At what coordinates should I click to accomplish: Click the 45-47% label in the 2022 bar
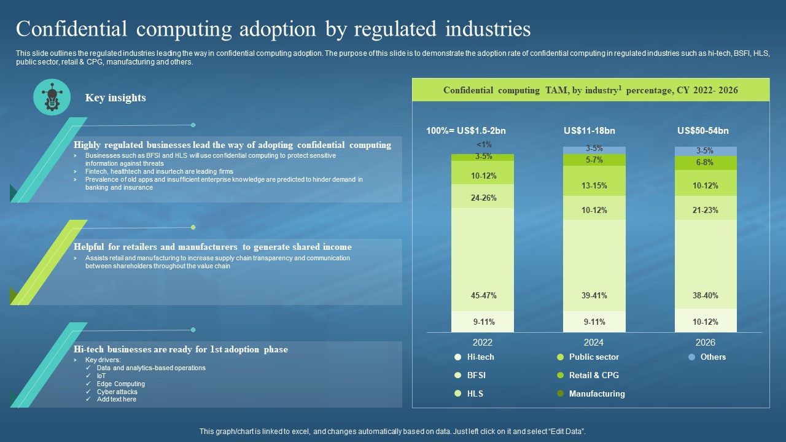pyautogui.click(x=483, y=296)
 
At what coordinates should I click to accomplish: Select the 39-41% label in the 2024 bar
pyautogui.click(x=594, y=296)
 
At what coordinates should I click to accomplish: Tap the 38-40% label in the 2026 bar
pyautogui.click(x=705, y=296)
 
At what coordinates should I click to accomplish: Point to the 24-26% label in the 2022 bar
pyautogui.click(x=483, y=198)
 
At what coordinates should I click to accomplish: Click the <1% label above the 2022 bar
pyautogui.click(x=484, y=145)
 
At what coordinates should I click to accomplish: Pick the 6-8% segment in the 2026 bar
pyautogui.click(x=705, y=163)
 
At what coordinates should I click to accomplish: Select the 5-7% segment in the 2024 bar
pyautogui.click(x=594, y=160)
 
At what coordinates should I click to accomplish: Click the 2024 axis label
pyautogui.click(x=594, y=343)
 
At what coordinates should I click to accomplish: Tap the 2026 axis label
pyautogui.click(x=705, y=343)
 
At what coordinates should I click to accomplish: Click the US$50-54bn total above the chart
pyautogui.click(x=703, y=131)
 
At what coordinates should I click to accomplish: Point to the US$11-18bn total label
pyautogui.click(x=589, y=131)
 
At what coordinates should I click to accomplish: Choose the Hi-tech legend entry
pyautogui.click(x=480, y=357)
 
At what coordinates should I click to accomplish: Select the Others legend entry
pyautogui.click(x=712, y=357)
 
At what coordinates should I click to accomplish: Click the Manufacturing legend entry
pyautogui.click(x=596, y=394)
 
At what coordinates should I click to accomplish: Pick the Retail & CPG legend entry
pyautogui.click(x=593, y=376)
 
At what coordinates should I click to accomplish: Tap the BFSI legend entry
pyautogui.click(x=476, y=376)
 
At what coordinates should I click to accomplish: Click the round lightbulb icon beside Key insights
pyautogui.click(x=52, y=98)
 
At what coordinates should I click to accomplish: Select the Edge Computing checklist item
pyautogui.click(x=120, y=384)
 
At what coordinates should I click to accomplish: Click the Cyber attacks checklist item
pyautogui.click(x=117, y=392)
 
